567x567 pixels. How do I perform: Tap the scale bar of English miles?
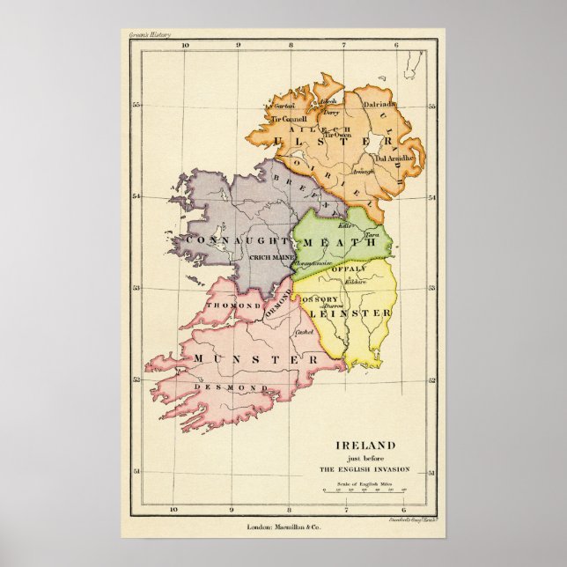pos(363,490)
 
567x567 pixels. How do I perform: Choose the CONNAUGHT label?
pos(236,239)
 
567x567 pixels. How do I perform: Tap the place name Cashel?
pos(305,332)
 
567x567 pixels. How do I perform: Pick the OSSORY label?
pos(320,299)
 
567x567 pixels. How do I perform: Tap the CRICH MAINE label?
pos(270,257)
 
